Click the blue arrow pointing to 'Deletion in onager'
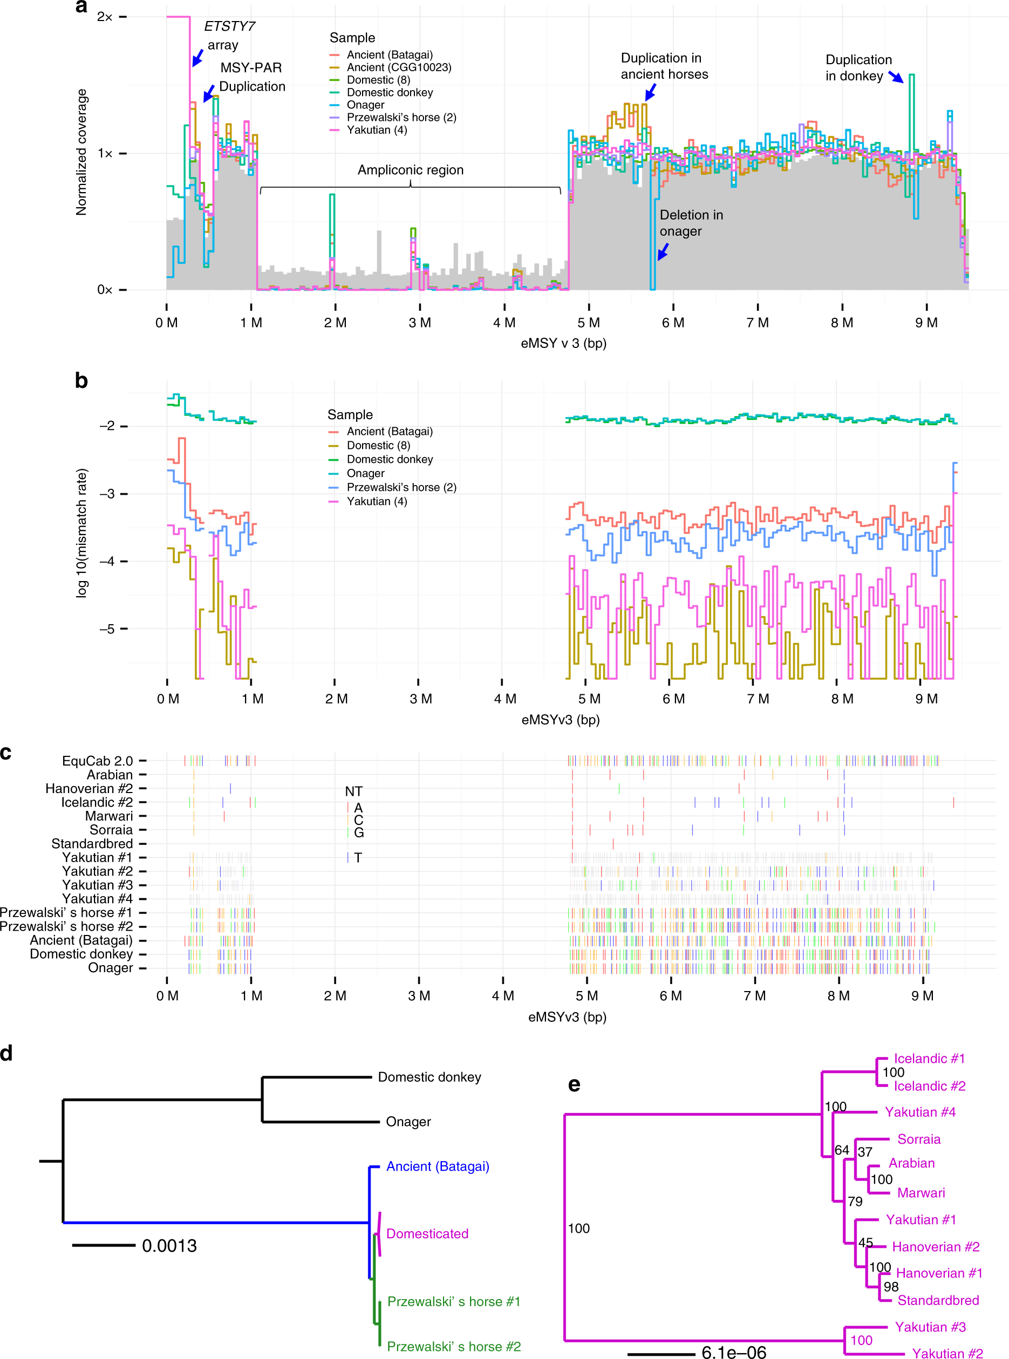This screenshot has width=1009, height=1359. coord(663,251)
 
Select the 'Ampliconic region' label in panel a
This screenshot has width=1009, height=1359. coord(410,170)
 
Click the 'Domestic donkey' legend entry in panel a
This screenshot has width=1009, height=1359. coord(389,92)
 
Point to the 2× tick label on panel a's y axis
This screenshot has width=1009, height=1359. coord(105,17)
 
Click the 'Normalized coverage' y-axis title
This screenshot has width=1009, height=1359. coord(81,152)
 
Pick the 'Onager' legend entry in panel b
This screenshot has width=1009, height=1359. coord(365,473)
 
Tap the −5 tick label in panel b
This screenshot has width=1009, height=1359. coord(107,629)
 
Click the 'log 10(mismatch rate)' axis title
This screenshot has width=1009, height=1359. coord(81,532)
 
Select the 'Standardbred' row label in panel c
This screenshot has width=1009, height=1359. coord(92,844)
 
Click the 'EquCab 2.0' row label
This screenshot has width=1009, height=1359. coord(97,761)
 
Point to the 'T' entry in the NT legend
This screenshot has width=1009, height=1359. coord(357,858)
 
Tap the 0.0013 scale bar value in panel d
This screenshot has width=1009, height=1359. coord(169,1246)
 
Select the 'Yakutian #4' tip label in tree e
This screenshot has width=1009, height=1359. coord(920,1112)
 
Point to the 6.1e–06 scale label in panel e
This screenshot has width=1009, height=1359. coord(733,1353)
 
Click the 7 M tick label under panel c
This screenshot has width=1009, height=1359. coord(755,996)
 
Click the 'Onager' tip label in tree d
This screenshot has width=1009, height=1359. coord(408,1122)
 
